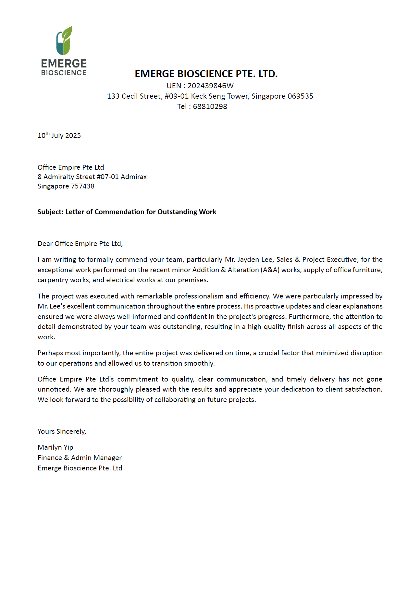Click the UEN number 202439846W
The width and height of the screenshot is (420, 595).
pyautogui.click(x=210, y=86)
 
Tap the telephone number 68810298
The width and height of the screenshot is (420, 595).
pyautogui.click(x=210, y=106)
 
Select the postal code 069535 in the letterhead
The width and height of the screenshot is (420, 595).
pyautogui.click(x=300, y=96)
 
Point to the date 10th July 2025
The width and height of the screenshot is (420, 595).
pyautogui.click(x=59, y=135)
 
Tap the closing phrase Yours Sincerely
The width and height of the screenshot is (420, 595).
pyautogui.click(x=62, y=431)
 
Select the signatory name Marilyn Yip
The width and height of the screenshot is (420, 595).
pyautogui.click(x=56, y=447)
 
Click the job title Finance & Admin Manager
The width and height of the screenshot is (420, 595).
pyautogui.click(x=80, y=458)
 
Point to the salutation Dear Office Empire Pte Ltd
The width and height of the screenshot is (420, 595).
pyautogui.click(x=80, y=244)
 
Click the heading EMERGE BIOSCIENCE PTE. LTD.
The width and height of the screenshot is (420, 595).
pyautogui.click(x=206, y=74)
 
